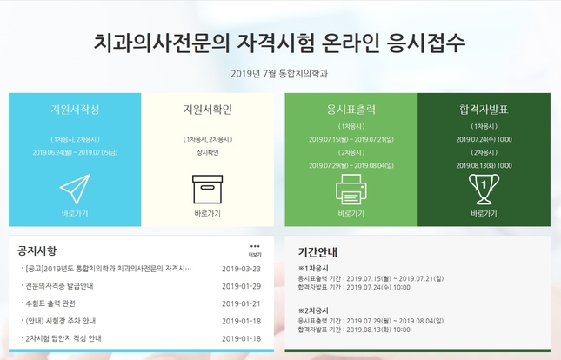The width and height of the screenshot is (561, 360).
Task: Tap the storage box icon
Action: (x=208, y=190)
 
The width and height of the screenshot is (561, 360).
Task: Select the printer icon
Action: (x=351, y=190)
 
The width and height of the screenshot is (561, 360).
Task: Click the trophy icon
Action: (x=484, y=190)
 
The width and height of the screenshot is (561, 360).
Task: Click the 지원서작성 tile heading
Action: (x=75, y=110)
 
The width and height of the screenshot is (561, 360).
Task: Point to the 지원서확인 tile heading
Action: (x=208, y=110)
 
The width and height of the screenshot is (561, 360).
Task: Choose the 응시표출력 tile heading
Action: (x=351, y=110)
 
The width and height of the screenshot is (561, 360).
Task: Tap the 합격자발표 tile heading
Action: (x=484, y=110)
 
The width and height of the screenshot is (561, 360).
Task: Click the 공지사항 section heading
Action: (x=37, y=250)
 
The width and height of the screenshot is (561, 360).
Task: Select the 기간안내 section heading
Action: (x=317, y=252)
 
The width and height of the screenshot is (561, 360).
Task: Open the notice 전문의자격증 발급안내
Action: (x=59, y=286)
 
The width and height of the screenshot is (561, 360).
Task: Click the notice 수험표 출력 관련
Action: (x=50, y=303)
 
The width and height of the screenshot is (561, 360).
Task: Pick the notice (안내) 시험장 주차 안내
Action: (x=61, y=321)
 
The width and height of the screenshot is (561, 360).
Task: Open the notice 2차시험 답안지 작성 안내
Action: (x=63, y=338)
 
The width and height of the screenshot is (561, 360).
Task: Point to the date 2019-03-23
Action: (x=242, y=269)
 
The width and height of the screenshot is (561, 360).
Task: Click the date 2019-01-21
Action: (x=242, y=303)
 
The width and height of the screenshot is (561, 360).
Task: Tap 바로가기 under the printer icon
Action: (x=351, y=214)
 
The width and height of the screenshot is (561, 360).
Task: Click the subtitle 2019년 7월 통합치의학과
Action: (x=279, y=74)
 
